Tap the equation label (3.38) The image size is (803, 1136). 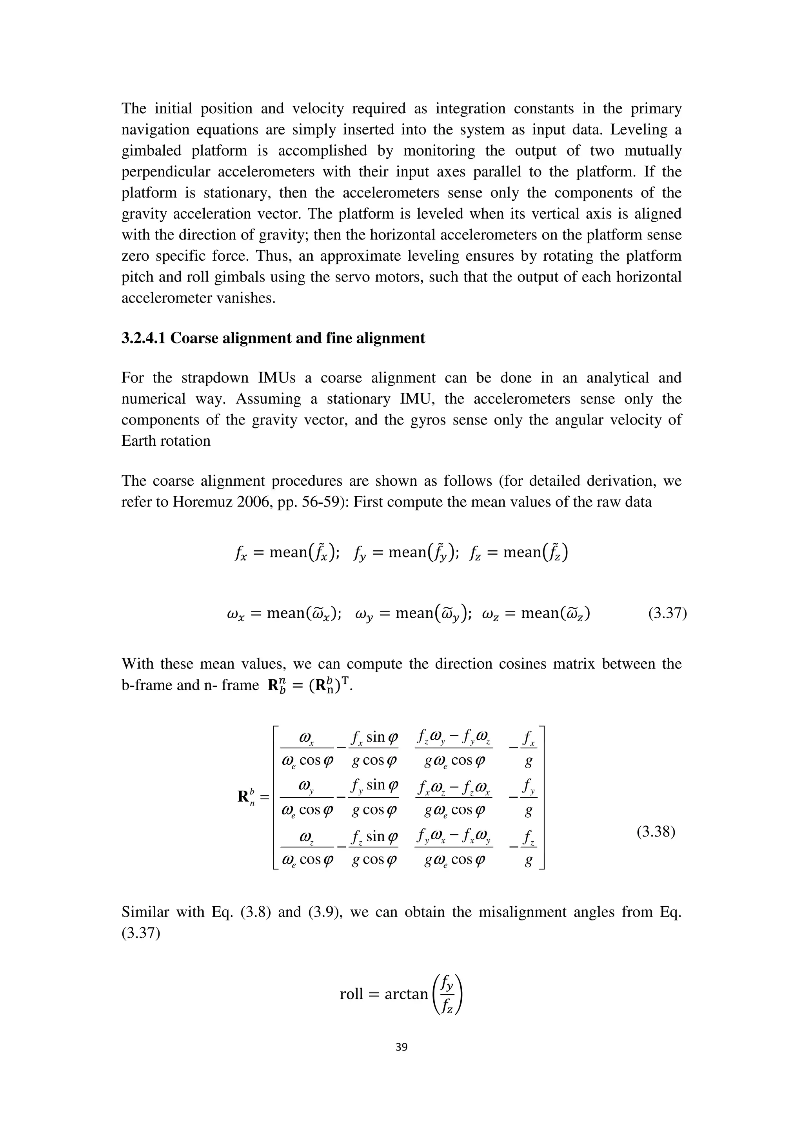click(656, 832)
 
